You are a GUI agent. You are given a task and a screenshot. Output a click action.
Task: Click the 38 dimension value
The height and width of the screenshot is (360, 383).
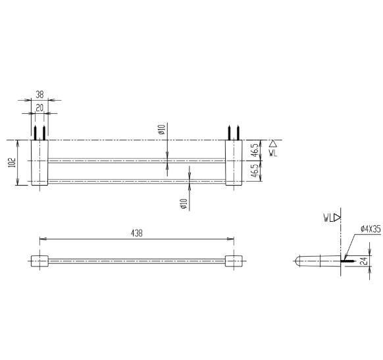click(x=39, y=95)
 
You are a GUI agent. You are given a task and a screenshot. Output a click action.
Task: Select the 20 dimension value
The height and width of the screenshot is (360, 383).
click(x=39, y=108)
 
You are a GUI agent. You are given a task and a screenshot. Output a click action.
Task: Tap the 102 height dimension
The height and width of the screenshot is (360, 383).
click(x=12, y=163)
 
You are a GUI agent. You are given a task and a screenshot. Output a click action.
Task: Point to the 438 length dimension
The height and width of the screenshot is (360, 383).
click(x=136, y=233)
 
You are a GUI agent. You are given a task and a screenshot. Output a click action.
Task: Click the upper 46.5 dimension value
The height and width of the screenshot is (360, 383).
click(x=254, y=150)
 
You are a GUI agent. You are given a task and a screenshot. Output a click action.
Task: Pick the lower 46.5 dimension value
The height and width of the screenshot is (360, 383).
click(x=254, y=170)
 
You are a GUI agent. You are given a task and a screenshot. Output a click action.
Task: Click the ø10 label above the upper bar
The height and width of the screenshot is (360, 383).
click(x=162, y=130)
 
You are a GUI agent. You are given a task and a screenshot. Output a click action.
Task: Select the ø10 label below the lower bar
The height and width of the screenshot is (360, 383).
click(x=184, y=204)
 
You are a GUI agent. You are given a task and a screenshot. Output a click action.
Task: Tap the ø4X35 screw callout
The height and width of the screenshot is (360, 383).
click(x=370, y=229)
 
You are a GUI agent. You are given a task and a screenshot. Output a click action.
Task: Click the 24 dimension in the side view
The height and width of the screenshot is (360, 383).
click(x=364, y=261)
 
